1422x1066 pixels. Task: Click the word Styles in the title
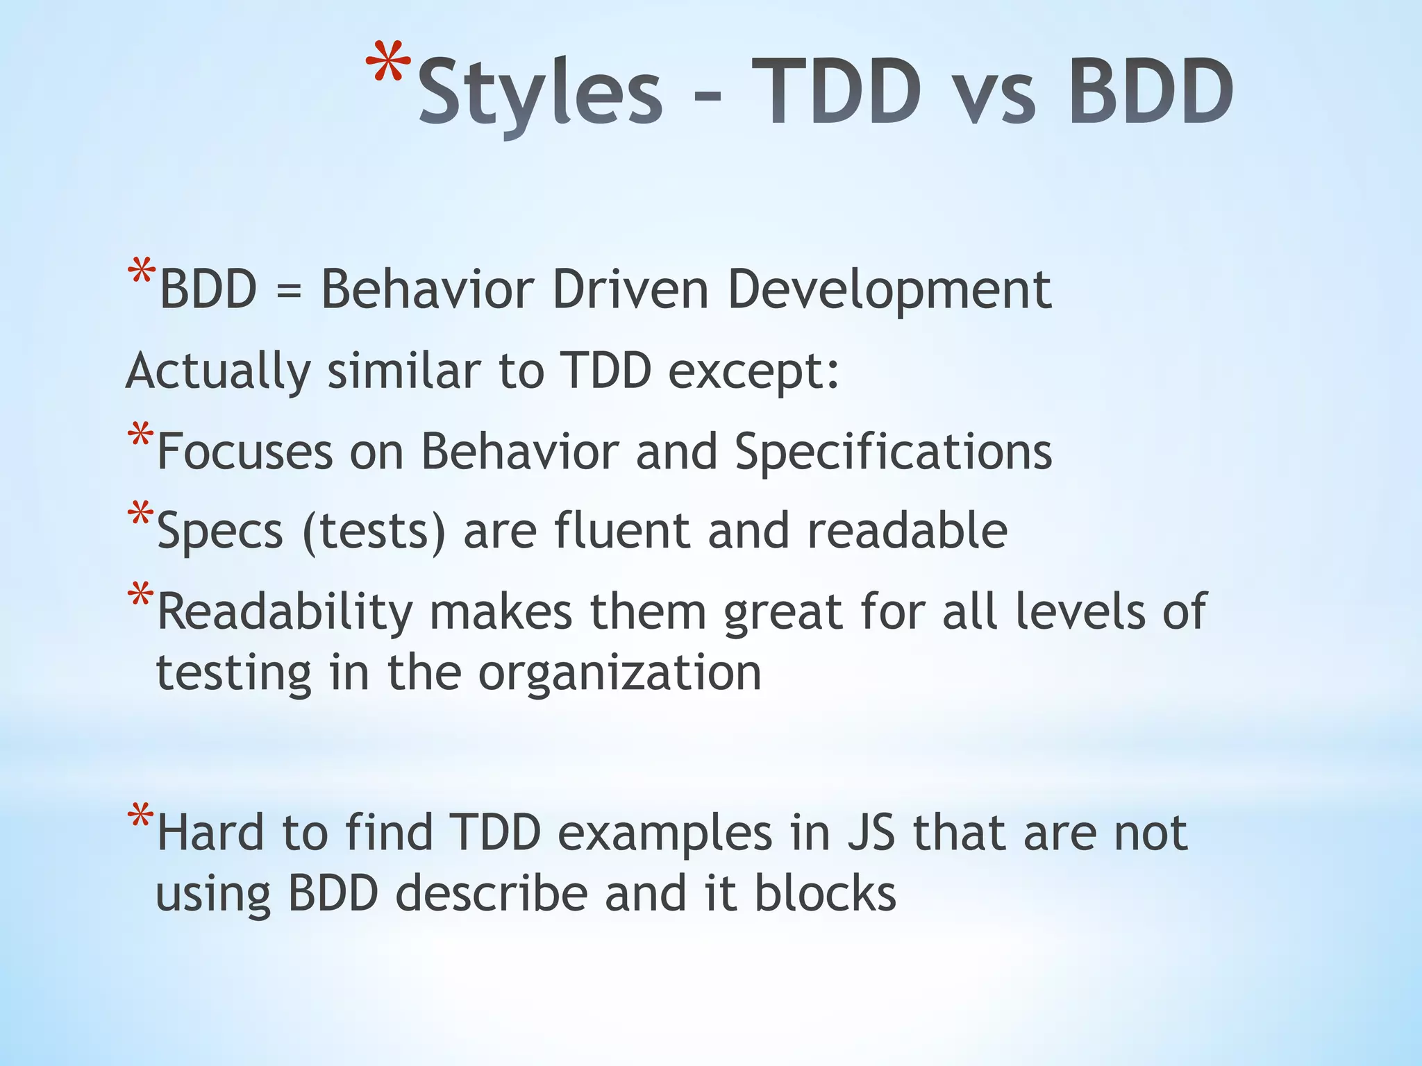point(540,94)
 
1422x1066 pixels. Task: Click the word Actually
point(218,372)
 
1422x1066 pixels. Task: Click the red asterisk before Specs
point(140,515)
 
